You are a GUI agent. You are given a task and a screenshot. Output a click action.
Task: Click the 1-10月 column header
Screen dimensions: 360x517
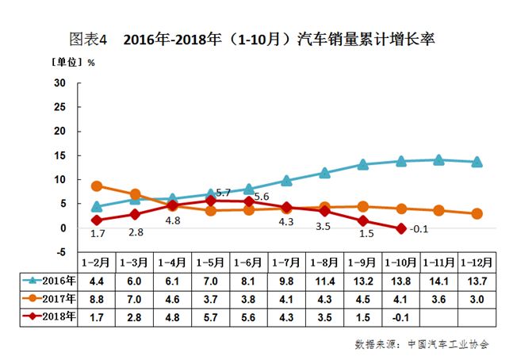[x=400, y=262]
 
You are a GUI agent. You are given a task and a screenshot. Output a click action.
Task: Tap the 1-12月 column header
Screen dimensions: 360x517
[x=477, y=262]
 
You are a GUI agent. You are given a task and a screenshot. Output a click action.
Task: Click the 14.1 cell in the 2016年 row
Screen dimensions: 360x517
[x=438, y=280]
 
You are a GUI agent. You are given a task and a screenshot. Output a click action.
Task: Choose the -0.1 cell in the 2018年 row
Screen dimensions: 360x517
[x=400, y=316]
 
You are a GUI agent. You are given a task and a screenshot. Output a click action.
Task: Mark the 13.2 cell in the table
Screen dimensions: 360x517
[x=362, y=280]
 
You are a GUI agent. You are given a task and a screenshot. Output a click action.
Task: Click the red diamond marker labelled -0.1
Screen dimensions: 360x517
[x=400, y=228]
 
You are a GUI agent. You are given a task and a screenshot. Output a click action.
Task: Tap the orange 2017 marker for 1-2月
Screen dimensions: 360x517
[x=97, y=186]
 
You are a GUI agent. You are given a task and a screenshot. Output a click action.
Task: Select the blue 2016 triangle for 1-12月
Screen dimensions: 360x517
[x=477, y=162]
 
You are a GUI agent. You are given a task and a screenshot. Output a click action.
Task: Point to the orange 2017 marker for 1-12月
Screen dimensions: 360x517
[x=477, y=213]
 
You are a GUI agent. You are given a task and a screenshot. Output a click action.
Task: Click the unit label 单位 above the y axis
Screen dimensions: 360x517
[x=67, y=61]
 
